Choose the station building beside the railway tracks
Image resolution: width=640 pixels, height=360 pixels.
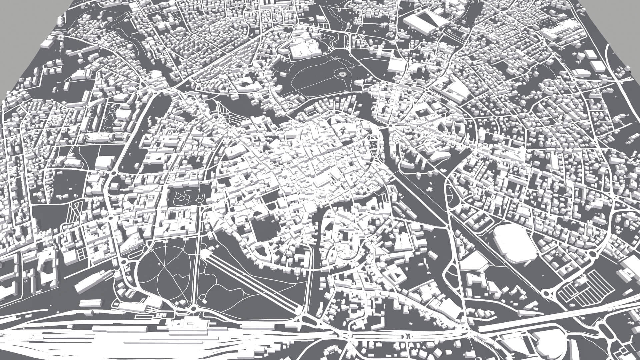pos(187,325)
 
